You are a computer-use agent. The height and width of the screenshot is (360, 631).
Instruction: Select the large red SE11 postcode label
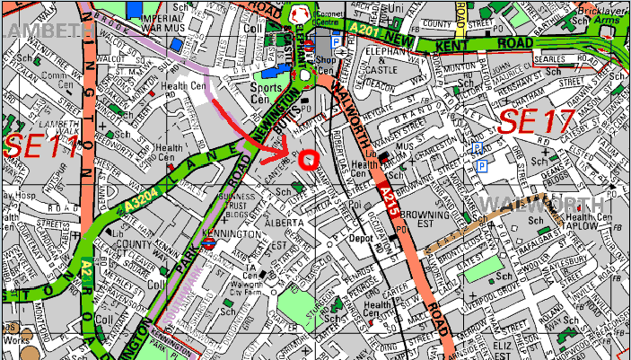[x=41, y=147]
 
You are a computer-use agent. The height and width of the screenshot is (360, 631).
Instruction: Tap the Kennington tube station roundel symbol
[x=207, y=241]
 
